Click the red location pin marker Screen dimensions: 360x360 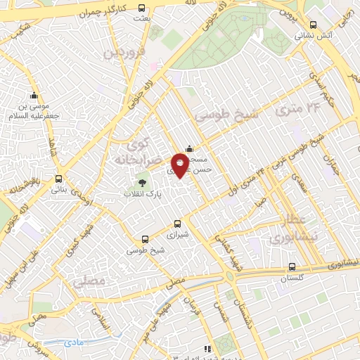[x=180, y=165]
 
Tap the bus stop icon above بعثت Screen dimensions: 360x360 [x=143, y=8]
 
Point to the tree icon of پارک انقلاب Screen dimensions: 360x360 [x=143, y=183]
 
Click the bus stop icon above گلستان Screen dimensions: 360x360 [x=292, y=267]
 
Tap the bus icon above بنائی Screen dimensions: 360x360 [x=59, y=179]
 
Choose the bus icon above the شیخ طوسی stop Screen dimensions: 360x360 [x=146, y=240]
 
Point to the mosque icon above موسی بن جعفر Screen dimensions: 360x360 [x=33, y=96]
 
